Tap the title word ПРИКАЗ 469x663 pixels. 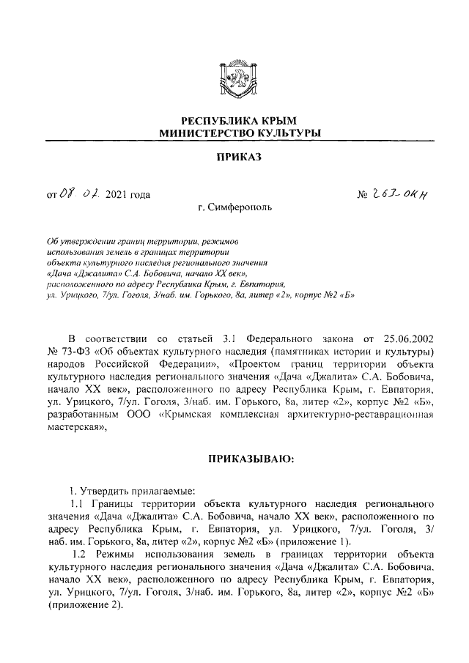pos(234,157)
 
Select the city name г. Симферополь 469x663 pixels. pos(234,207)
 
